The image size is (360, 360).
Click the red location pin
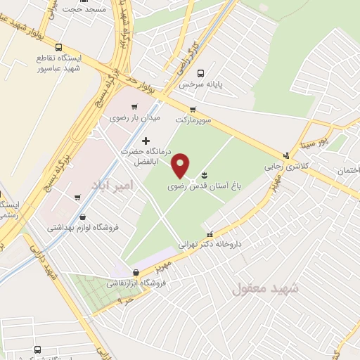click(x=181, y=165)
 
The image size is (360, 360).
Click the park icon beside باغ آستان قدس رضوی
click(x=205, y=174)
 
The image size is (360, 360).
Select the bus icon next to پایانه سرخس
click(x=201, y=72)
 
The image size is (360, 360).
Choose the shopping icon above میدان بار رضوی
click(x=134, y=106)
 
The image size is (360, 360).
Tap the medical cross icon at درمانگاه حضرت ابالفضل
click(x=146, y=141)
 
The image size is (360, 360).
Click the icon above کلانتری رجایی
click(x=285, y=155)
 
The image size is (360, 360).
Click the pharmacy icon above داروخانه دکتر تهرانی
click(x=209, y=233)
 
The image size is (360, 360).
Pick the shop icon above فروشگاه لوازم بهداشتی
click(x=84, y=217)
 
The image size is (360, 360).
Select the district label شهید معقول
click(x=265, y=288)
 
